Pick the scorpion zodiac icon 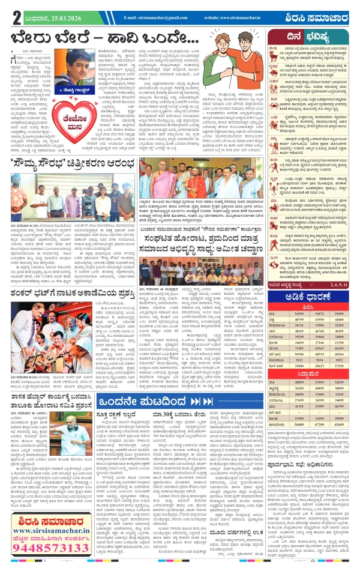pos(274,195)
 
